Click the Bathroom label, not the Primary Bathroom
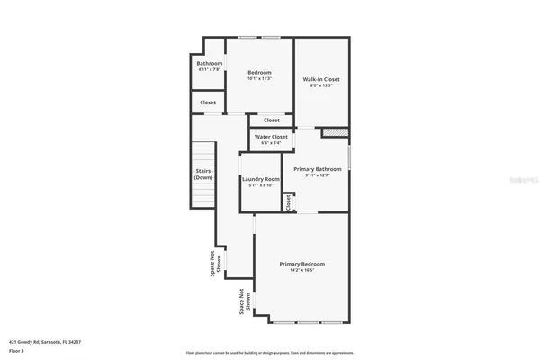point(209,63)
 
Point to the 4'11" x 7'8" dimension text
point(209,69)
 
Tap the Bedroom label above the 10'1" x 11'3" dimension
point(259,72)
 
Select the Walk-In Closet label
point(321,79)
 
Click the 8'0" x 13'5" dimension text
point(321,86)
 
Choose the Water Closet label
point(271,137)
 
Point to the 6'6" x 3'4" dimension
point(271,143)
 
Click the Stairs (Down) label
point(203,174)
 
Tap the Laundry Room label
point(261,179)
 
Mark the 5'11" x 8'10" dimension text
point(261,186)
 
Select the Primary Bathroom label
point(323,169)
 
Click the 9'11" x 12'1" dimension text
point(323,175)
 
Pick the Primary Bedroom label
point(301,263)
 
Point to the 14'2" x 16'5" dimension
point(301,269)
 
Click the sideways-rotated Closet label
point(288,203)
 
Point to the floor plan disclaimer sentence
point(269,352)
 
